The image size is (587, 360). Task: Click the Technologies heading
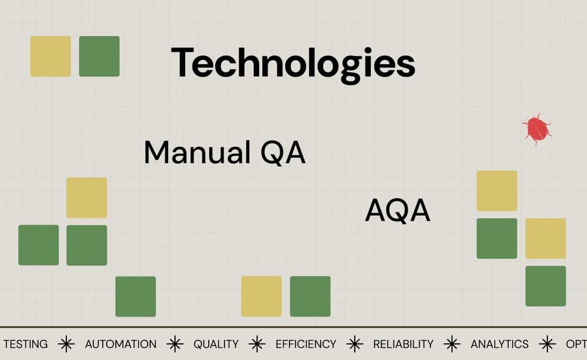pyautogui.click(x=293, y=63)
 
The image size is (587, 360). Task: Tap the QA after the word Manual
pyautogui.click(x=283, y=153)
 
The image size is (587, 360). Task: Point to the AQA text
pyautogui.click(x=397, y=211)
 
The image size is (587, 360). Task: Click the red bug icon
pyautogui.click(x=537, y=129)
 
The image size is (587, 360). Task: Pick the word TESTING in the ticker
pyautogui.click(x=26, y=344)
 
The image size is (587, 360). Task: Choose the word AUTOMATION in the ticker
pyautogui.click(x=121, y=344)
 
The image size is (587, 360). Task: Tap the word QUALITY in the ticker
pyautogui.click(x=216, y=344)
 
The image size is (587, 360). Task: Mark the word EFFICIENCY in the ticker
pyautogui.click(x=305, y=344)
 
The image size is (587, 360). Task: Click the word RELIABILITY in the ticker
pyautogui.click(x=403, y=344)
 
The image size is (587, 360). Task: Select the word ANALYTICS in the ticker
pyautogui.click(x=499, y=344)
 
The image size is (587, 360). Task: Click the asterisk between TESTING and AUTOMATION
pyautogui.click(x=66, y=344)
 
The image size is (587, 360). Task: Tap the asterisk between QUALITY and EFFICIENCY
pyautogui.click(x=257, y=344)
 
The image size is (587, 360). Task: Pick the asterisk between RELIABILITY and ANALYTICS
pyautogui.click(x=452, y=344)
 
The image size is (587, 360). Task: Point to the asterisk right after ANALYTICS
pyautogui.click(x=547, y=344)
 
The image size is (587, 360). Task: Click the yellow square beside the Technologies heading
pyautogui.click(x=51, y=56)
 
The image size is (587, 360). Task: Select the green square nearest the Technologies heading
pyautogui.click(x=99, y=56)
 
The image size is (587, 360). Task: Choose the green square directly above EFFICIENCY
pyautogui.click(x=310, y=296)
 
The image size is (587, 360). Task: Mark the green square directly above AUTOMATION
pyautogui.click(x=135, y=296)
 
